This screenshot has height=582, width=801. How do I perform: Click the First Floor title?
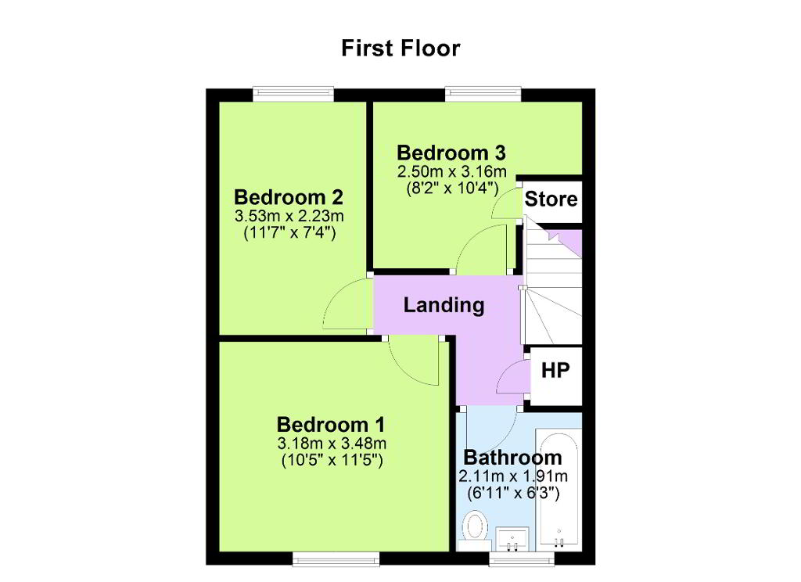point(400,48)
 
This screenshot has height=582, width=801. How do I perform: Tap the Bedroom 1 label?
point(331,425)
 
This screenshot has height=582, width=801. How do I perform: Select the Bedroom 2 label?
point(289,196)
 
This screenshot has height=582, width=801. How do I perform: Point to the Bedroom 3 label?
point(451,153)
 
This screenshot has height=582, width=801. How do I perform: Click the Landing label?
point(444,305)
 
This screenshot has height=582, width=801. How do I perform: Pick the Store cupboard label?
point(551,199)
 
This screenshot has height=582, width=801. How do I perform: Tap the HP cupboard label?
point(555,370)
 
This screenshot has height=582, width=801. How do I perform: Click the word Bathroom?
point(512,457)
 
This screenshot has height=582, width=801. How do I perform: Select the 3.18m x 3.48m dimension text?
point(332,443)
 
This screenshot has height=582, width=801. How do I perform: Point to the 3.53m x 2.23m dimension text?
point(289,216)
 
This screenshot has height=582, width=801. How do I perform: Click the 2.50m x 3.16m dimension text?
point(452,171)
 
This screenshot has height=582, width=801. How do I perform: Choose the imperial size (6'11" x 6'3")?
point(513,493)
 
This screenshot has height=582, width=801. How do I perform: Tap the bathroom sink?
point(512,539)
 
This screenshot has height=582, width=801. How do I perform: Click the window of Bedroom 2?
point(294,94)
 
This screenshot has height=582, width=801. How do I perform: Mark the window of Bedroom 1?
point(336,559)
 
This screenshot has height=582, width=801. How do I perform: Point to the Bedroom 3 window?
point(483,94)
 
